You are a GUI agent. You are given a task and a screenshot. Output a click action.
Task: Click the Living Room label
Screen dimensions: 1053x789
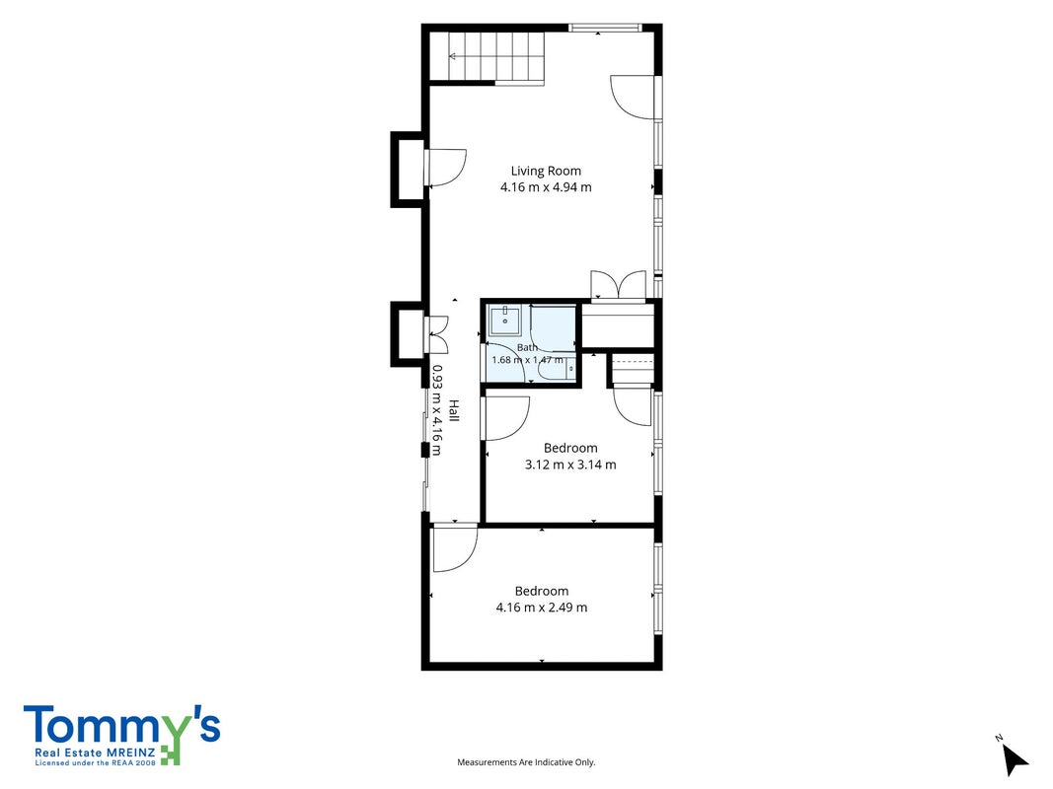(546, 171)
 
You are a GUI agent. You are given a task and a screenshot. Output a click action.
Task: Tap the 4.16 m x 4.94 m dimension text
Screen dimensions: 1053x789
(546, 187)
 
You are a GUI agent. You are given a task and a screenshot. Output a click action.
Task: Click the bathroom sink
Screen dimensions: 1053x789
(505, 321)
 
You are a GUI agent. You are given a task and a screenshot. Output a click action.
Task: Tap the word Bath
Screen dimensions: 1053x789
(527, 347)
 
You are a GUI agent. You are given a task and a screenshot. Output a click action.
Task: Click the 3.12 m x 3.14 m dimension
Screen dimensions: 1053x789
(570, 465)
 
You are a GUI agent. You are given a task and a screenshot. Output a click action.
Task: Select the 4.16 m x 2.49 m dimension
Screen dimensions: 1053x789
(541, 608)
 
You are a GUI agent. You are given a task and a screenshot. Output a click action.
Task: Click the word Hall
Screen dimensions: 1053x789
(454, 410)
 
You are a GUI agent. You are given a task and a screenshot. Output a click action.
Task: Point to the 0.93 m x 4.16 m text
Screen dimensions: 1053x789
(436, 410)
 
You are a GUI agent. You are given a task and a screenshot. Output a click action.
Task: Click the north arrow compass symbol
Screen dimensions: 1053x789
(1015, 758)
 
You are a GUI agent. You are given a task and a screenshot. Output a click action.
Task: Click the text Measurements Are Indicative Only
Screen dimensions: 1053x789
(527, 762)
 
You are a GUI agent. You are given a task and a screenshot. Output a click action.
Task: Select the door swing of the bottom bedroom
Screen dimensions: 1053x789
(455, 548)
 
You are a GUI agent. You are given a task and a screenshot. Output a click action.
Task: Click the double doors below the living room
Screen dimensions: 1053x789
(618, 284)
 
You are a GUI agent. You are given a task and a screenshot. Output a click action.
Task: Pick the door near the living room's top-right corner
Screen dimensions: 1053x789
(633, 98)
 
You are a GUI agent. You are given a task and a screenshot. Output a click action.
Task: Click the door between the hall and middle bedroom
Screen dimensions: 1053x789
(505, 418)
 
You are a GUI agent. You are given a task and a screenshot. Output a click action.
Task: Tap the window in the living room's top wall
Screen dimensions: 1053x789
(604, 28)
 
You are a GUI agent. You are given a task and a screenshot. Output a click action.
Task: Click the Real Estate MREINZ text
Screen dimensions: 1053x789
(96, 753)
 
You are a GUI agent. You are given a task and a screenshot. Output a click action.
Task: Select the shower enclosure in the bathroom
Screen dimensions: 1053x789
(552, 327)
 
